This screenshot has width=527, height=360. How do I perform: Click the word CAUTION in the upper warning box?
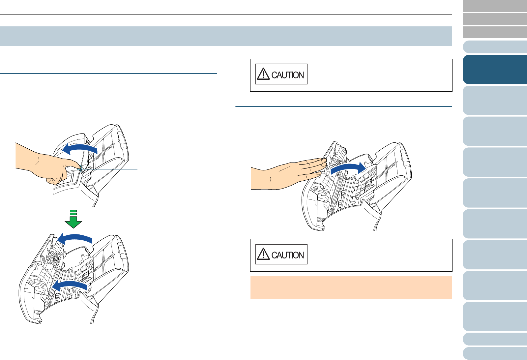coord(287,75)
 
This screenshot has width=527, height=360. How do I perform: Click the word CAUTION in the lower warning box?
coord(287,255)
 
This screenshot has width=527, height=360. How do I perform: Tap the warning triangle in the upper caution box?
coord(263,74)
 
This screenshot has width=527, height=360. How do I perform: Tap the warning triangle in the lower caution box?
coord(263,254)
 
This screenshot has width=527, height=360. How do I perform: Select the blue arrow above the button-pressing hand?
coord(80,149)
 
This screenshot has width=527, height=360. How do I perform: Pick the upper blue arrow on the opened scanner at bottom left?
coord(75,239)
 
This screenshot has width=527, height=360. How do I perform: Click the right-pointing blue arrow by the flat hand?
coord(348,168)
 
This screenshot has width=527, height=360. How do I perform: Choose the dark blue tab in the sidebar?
coord(495,70)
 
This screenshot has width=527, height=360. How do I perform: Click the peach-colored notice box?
coord(351,287)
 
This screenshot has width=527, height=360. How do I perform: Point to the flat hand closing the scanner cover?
coord(287,174)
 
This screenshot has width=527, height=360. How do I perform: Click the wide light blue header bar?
coord(226,36)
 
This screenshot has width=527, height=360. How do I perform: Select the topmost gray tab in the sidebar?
coord(495,6)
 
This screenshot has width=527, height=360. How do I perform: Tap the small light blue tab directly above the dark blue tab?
coord(495,47)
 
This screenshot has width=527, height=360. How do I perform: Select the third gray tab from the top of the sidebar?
coord(495,32)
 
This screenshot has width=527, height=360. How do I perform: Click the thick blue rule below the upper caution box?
coord(344,106)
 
